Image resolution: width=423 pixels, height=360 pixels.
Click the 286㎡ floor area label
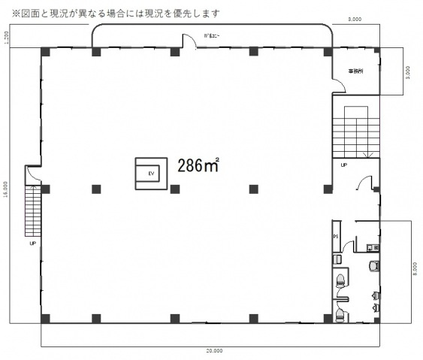(x=198, y=166)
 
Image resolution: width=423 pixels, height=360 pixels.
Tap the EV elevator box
(x=151, y=174)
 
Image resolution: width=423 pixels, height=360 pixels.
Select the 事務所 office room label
(x=355, y=71)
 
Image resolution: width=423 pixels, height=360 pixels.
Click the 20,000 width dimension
(x=213, y=351)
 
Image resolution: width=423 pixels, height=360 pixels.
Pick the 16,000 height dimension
(x=6, y=188)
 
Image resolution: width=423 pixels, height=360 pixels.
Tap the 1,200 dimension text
(x=6, y=39)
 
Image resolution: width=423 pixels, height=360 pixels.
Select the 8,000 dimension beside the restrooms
(x=415, y=268)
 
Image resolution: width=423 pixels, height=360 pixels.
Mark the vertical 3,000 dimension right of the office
(x=407, y=71)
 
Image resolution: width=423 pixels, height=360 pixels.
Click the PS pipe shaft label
(x=335, y=236)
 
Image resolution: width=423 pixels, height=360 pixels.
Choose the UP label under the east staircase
(x=343, y=164)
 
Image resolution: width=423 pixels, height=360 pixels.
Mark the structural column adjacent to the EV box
(x=174, y=188)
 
